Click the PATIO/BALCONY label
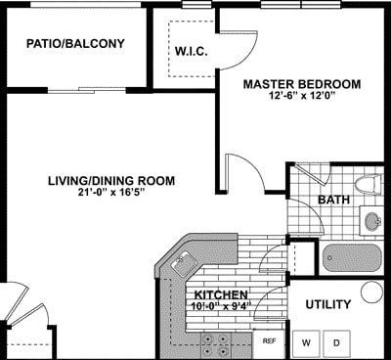(76, 43)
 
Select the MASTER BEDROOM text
(301, 83)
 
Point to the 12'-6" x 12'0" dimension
(301, 97)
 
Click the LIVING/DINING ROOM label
(111, 180)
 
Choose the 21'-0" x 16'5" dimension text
(111, 194)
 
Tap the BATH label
(333, 201)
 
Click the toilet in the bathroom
(368, 183)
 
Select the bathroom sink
(373, 221)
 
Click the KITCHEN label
(221, 294)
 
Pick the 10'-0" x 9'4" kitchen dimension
(223, 306)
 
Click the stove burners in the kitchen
(215, 344)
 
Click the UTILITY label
(328, 305)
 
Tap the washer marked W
(306, 342)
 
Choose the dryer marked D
(336, 342)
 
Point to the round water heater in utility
(372, 292)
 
